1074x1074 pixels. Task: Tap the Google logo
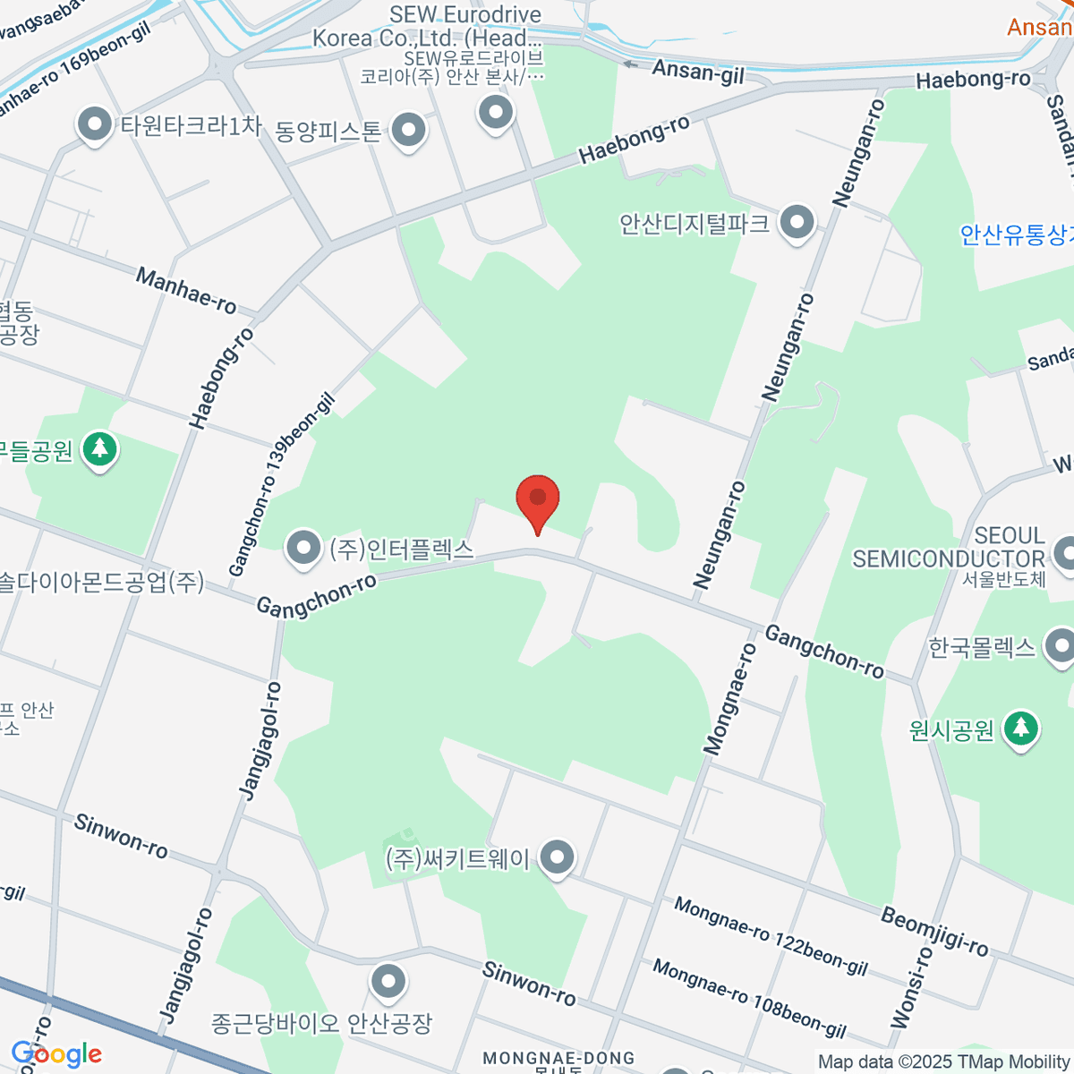tap(55, 1054)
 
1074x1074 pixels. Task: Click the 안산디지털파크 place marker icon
tap(797, 223)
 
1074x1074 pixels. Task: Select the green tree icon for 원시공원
tap(1019, 729)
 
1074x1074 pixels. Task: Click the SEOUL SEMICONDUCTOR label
tap(948, 547)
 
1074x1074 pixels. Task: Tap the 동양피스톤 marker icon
tap(409, 131)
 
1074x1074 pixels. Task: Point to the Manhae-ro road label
tap(186, 290)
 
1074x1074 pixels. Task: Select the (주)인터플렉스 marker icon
tap(303, 548)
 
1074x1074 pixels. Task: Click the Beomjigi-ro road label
tap(934, 931)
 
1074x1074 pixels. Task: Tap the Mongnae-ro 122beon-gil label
tap(771, 935)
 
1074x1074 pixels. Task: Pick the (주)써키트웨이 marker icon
tap(558, 857)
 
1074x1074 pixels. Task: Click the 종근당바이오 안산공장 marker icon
tap(388, 982)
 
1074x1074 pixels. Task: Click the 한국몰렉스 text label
tap(982, 647)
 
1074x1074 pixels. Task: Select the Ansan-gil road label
tap(697, 71)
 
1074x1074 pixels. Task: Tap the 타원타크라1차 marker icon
tap(95, 125)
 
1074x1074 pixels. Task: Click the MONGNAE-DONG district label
tap(558, 1059)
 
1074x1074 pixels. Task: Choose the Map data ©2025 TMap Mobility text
tap(943, 1061)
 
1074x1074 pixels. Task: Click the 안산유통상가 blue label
tap(1017, 234)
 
